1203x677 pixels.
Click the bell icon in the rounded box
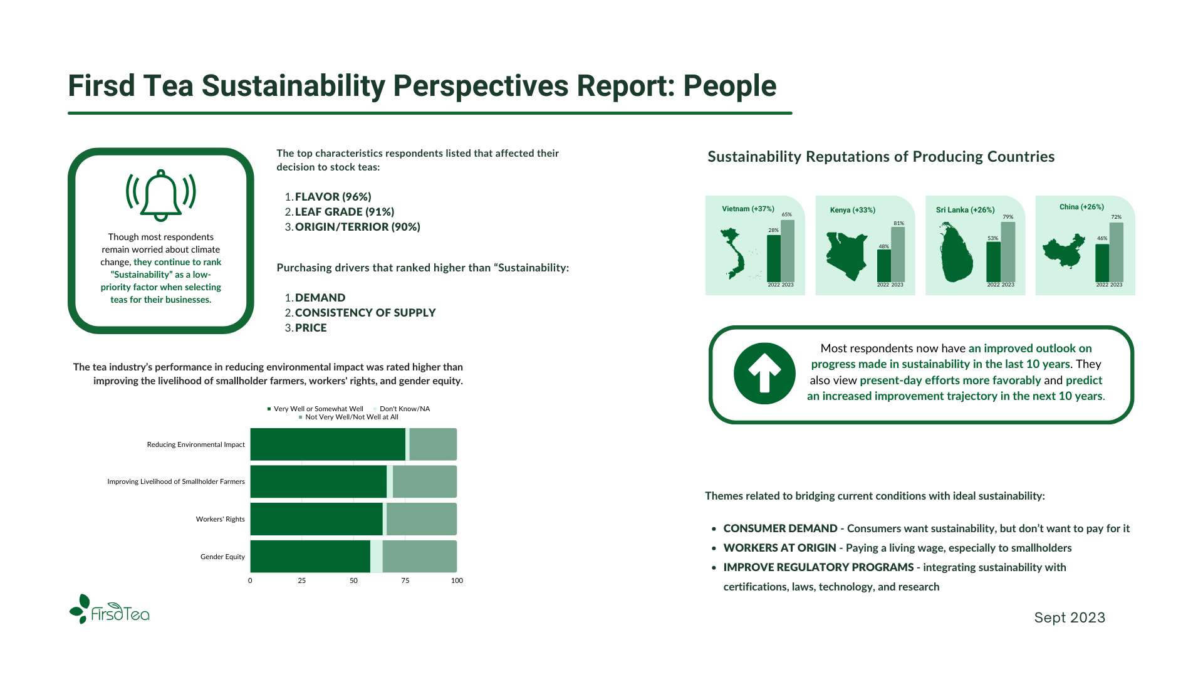[161, 195]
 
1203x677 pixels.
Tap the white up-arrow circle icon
[764, 374]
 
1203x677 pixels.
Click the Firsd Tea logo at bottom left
[110, 609]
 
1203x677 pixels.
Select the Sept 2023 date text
[1070, 617]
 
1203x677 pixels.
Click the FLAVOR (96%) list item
[333, 197]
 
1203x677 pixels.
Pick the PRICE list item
[311, 328]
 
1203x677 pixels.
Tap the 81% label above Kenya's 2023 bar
[898, 223]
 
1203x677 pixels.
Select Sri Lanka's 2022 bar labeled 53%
[993, 261]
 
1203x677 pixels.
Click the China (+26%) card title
[1081, 207]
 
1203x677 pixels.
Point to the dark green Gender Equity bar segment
[310, 557]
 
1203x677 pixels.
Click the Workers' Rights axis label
[220, 519]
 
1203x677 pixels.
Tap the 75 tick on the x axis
[405, 580]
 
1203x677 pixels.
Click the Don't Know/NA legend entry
[404, 409]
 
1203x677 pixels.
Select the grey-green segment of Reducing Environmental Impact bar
[432, 444]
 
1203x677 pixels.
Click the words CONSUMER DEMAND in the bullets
[780, 528]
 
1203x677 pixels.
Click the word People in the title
[729, 86]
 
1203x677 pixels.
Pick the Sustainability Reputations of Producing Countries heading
[881, 157]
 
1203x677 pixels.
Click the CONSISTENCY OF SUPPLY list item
[365, 313]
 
